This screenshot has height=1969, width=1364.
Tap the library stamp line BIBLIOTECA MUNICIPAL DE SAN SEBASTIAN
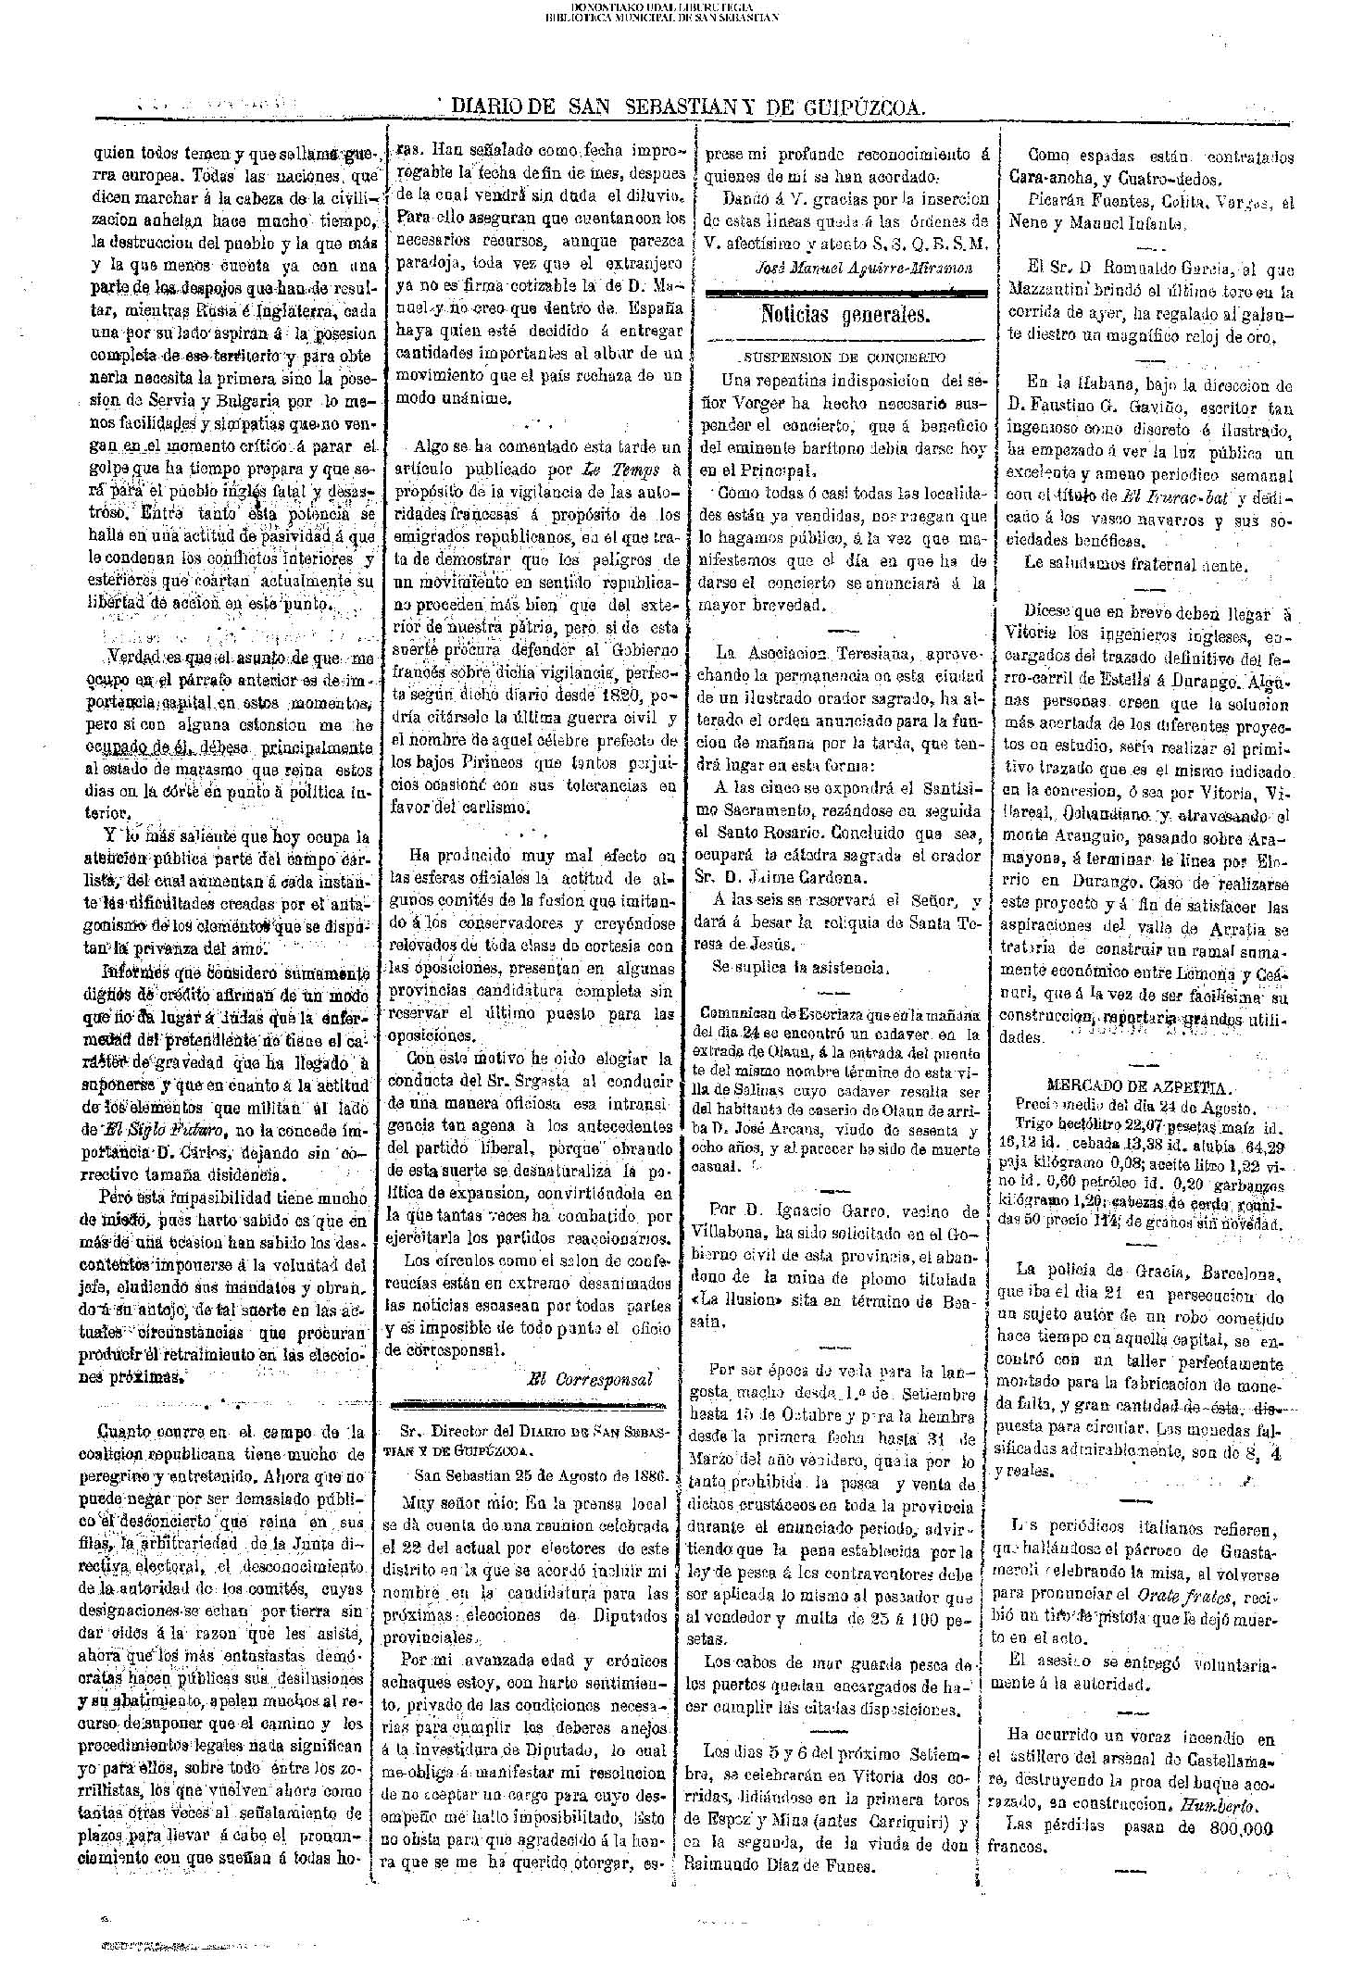click(x=675, y=16)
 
